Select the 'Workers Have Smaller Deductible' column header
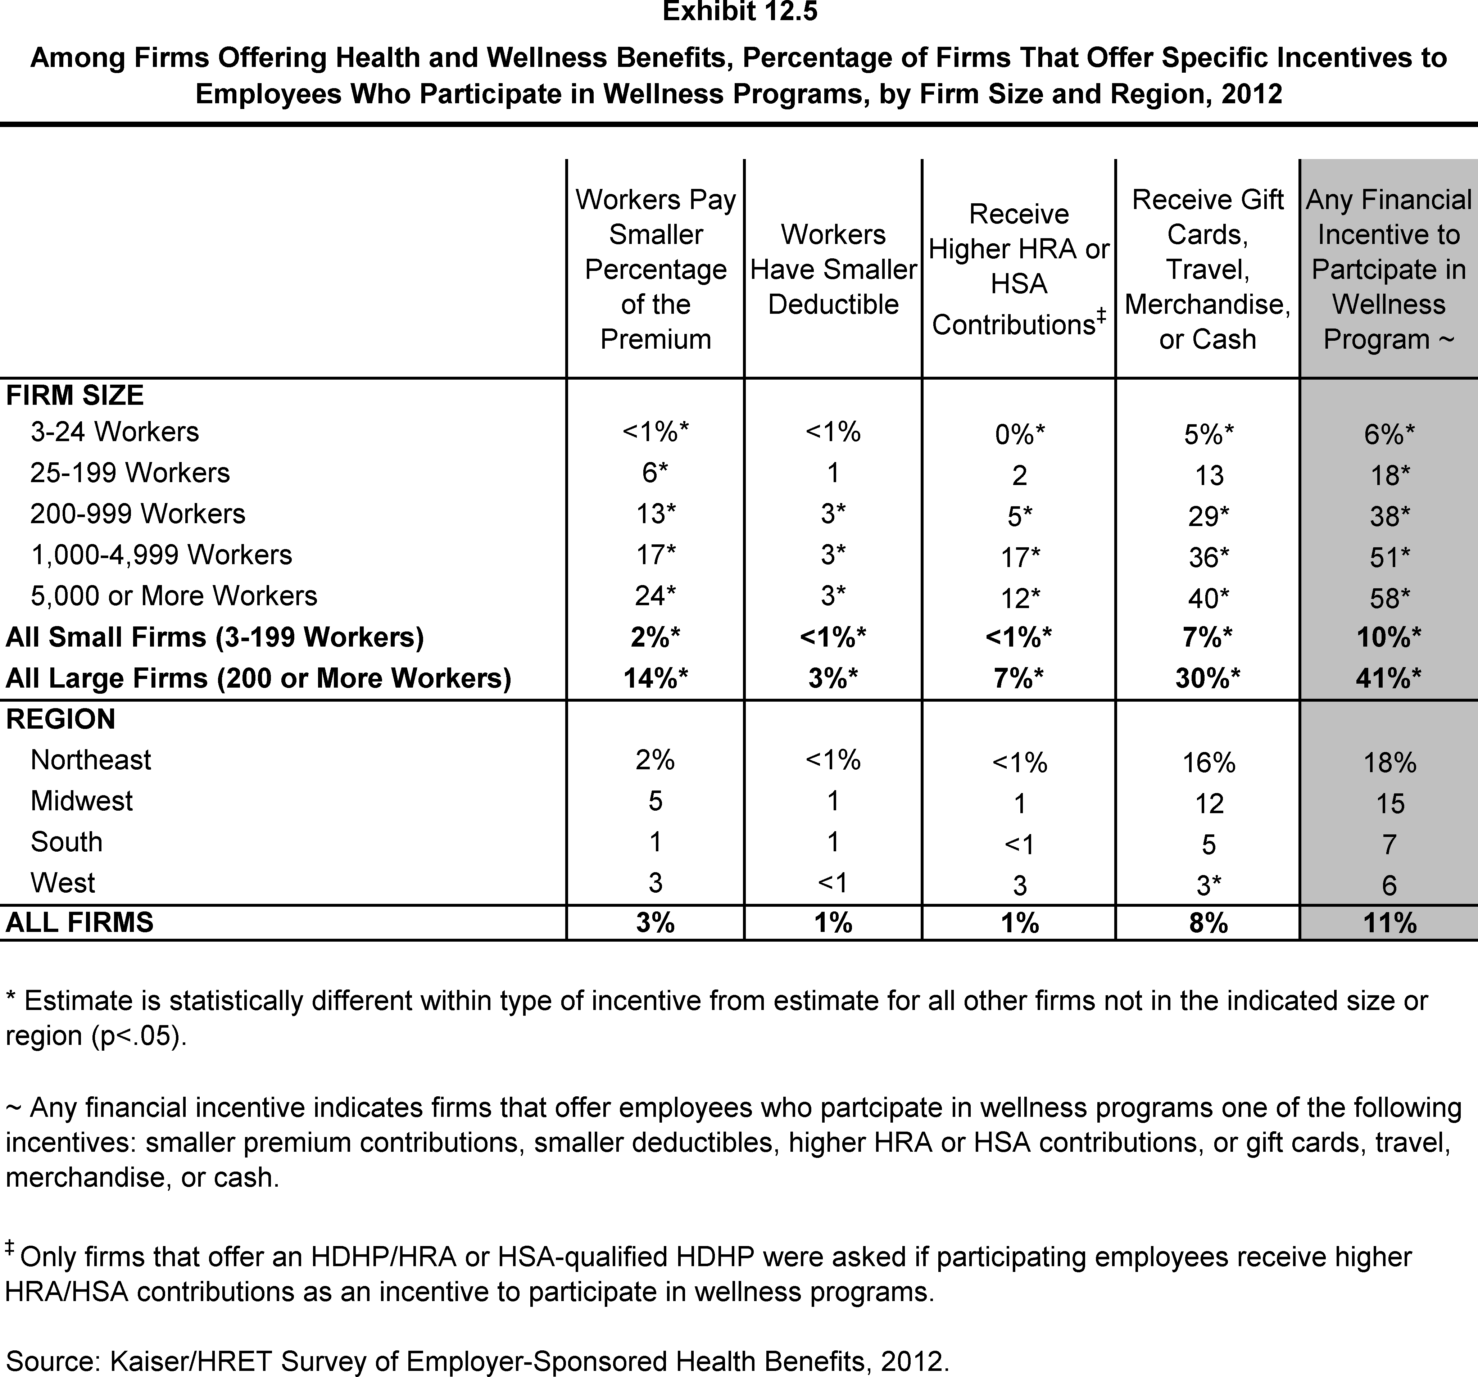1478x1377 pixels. [833, 269]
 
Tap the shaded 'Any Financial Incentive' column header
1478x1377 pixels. [1388, 269]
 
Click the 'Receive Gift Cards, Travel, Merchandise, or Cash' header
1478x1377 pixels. [1207, 269]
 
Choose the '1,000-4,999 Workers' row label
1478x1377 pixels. [161, 555]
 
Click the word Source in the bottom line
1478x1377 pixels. [52, 1362]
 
